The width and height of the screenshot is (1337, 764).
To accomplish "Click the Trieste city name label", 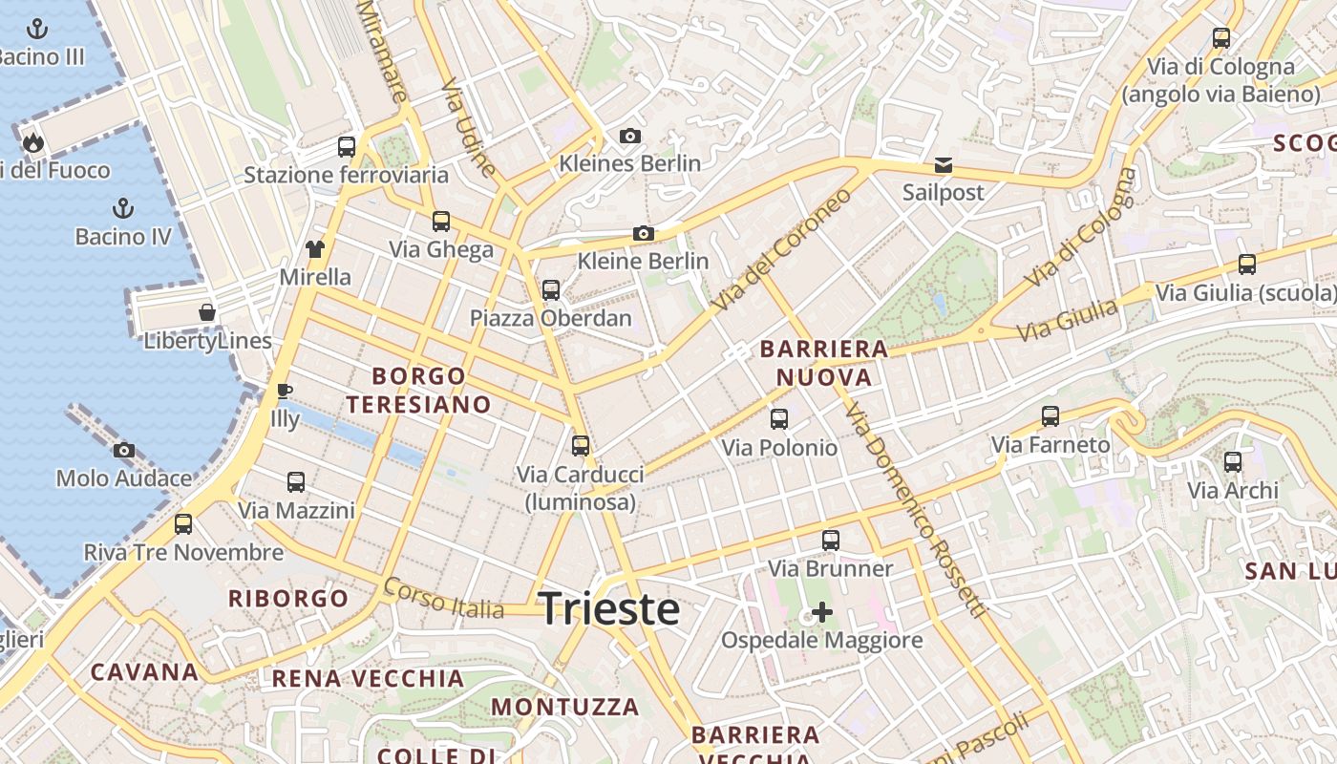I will pyautogui.click(x=609, y=609).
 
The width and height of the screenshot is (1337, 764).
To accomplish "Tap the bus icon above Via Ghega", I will pyautogui.click(x=440, y=222).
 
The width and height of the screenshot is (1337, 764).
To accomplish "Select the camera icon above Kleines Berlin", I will pyautogui.click(x=629, y=136).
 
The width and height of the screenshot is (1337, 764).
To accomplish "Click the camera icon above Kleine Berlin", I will pyautogui.click(x=644, y=233).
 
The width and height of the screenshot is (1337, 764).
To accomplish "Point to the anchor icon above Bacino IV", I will pyautogui.click(x=123, y=207).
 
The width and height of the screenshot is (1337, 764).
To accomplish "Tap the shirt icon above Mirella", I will pyautogui.click(x=315, y=249).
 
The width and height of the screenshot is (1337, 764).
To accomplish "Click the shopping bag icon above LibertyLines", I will pyautogui.click(x=207, y=312).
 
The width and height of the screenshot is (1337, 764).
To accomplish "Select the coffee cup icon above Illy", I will pyautogui.click(x=284, y=391).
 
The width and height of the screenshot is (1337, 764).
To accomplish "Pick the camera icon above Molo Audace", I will pyautogui.click(x=124, y=450).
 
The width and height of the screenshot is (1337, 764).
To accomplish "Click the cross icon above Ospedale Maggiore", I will pyautogui.click(x=821, y=611).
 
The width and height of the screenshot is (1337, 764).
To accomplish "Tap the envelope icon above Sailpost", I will pyautogui.click(x=944, y=165).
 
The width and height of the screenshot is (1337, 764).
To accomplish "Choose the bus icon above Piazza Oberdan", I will pyautogui.click(x=550, y=290).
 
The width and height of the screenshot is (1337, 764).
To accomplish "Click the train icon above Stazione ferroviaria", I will pyautogui.click(x=346, y=147).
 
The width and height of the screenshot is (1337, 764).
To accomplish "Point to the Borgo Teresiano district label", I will pyautogui.click(x=418, y=391).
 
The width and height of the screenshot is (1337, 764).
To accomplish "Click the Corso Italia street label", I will pyautogui.click(x=444, y=599).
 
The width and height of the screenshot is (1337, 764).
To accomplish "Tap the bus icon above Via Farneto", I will pyautogui.click(x=1050, y=416).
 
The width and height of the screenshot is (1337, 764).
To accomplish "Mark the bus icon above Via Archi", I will pyautogui.click(x=1233, y=462).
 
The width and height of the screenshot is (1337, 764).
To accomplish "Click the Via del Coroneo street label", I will pyautogui.click(x=781, y=248).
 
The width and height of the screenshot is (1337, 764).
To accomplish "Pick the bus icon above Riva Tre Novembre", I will pyautogui.click(x=183, y=524).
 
